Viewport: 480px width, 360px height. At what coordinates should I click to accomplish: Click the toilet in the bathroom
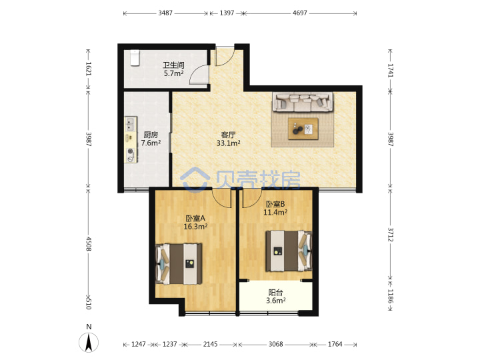click(x=135, y=58)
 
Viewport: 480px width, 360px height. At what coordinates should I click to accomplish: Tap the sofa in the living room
click(x=303, y=102)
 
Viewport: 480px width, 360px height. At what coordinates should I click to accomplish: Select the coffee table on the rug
click(x=303, y=129)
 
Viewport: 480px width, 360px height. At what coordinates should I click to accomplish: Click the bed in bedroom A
click(x=179, y=264)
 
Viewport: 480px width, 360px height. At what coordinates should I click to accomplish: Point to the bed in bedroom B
click(x=289, y=251)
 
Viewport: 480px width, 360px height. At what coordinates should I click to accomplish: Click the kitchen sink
click(x=131, y=124)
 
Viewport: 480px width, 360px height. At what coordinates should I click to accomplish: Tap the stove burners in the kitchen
click(x=131, y=155)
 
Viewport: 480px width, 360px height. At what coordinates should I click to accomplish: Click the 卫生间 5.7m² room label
click(x=173, y=69)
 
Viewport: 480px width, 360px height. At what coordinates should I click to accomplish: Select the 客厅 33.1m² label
click(x=228, y=139)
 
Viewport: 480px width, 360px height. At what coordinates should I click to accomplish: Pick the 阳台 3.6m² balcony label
click(x=275, y=297)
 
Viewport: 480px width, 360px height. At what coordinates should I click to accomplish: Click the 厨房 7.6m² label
click(x=151, y=139)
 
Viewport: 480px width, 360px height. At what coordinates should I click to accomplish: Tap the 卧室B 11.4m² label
click(x=275, y=208)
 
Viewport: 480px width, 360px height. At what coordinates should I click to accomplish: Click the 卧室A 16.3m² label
click(x=195, y=223)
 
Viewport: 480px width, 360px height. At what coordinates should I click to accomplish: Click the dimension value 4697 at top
click(x=300, y=13)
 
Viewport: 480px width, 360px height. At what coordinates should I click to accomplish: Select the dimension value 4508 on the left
click(x=89, y=244)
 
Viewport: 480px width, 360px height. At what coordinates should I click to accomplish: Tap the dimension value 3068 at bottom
click(x=275, y=344)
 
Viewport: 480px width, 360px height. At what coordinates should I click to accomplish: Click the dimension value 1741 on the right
click(x=391, y=71)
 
